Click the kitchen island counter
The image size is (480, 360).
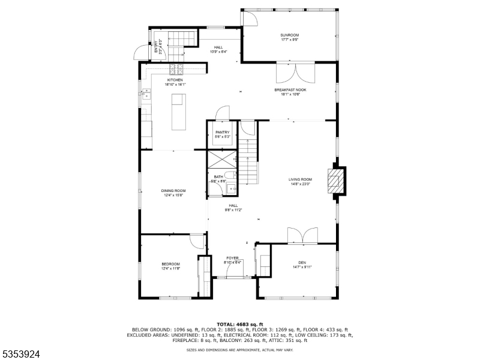pyautogui.click(x=179, y=115)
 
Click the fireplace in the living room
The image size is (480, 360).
pyautogui.click(x=336, y=180)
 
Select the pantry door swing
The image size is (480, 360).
pyautogui.click(x=222, y=113)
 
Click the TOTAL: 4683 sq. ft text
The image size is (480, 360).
pyautogui.click(x=239, y=324)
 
